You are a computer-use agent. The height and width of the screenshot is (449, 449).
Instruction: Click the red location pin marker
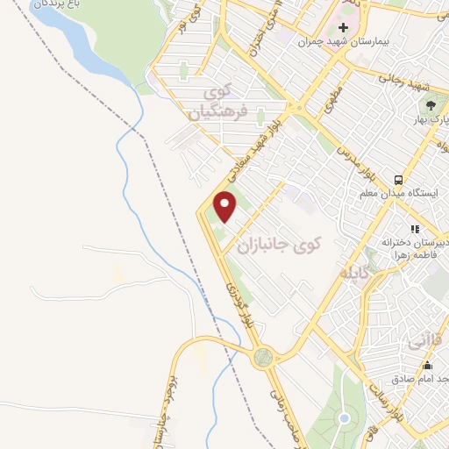pos(226,207)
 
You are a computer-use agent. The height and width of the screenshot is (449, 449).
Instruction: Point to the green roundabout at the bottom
pos(262,358)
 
